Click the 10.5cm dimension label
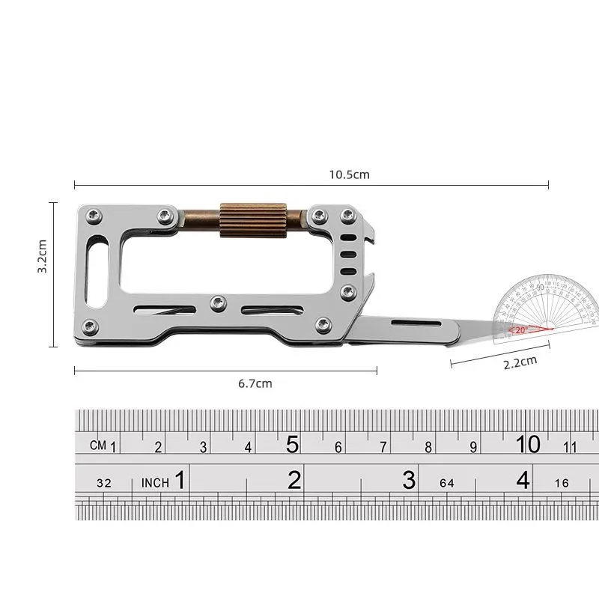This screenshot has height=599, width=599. click(350, 174)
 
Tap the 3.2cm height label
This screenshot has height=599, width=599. click(43, 256)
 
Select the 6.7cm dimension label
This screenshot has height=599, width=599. click(255, 383)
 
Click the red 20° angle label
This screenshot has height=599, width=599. click(518, 329)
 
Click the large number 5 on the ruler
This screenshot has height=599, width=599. click(292, 445)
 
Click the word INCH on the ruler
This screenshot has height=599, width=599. click(155, 483)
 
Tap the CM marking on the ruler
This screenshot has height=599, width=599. click(98, 446)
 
